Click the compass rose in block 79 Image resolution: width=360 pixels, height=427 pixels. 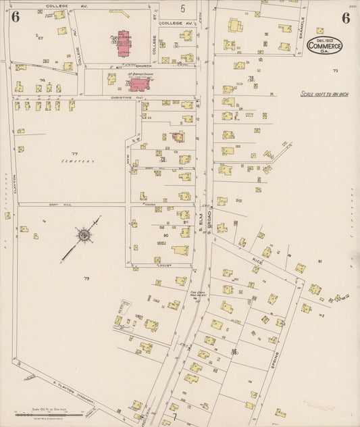click(x=84, y=235)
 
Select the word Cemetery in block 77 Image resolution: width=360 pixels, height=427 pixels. click(x=76, y=161)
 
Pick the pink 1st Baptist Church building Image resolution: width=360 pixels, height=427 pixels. click(x=140, y=84)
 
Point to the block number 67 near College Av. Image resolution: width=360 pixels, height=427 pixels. click(x=41, y=38)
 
